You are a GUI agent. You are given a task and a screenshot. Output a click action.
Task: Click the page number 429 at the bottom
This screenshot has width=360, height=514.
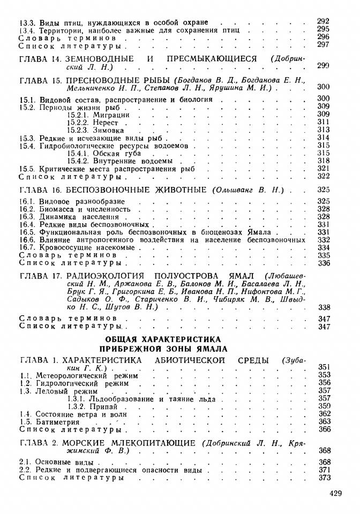335,493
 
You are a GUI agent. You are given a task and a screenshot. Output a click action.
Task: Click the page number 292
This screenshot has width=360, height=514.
323,21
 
